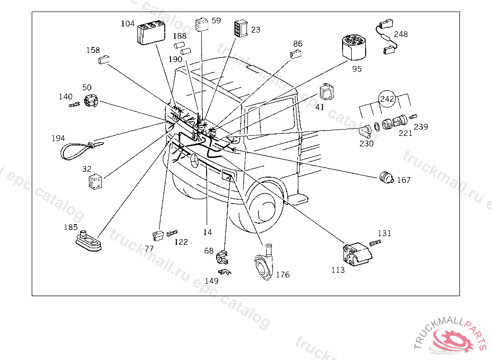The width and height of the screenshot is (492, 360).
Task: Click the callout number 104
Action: click(128, 24)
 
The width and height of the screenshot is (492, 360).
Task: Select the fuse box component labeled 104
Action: click(151, 32)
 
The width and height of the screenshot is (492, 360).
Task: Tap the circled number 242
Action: click(387, 99)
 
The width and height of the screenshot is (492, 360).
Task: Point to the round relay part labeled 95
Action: click(354, 48)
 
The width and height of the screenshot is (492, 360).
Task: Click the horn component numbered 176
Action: click(264, 263)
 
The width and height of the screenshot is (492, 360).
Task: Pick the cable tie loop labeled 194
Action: click(82, 150)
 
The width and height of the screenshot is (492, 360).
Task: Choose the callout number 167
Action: click(404, 180)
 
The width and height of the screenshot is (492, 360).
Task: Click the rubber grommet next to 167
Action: click(387, 177)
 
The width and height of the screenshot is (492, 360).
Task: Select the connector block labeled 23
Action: click(241, 29)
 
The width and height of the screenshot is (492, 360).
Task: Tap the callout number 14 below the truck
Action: click(208, 232)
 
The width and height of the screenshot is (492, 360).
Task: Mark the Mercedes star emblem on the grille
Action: click(195, 161)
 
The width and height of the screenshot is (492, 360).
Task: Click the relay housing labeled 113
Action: click(357, 255)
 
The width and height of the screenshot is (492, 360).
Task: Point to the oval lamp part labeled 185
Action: click(89, 241)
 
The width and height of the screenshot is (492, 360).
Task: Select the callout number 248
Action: click(401, 34)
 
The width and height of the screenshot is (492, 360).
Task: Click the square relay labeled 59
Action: click(201, 24)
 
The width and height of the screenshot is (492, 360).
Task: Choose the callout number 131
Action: click(384, 233)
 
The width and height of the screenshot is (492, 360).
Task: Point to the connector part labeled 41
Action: click(327, 92)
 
